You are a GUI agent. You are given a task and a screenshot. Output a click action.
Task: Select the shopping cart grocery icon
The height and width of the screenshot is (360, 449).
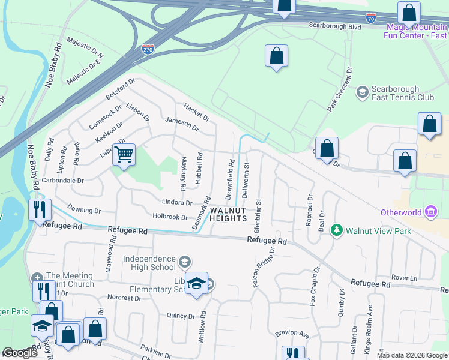tap(124, 155)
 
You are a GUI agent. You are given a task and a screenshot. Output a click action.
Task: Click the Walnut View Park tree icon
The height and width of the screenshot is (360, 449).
tap(337, 230)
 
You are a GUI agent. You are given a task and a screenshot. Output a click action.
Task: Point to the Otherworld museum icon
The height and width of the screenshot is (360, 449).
tap(430, 212)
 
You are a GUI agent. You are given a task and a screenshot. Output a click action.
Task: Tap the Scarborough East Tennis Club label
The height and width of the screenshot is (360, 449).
tap(403, 92)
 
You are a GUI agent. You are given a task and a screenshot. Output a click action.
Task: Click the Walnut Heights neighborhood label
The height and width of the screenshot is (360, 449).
tap(229, 214)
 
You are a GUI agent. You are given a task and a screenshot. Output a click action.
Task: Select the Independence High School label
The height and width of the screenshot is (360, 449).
tap(149, 262)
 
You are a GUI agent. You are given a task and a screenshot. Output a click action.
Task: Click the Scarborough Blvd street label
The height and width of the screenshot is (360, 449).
tap(334, 26)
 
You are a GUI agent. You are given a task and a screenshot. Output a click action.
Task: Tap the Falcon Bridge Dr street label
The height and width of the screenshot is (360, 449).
tap(263, 268)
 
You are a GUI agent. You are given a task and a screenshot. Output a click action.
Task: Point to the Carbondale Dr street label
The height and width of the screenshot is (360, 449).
tap(62, 180)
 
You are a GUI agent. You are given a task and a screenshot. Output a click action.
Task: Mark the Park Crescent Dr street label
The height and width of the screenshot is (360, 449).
tap(337, 97)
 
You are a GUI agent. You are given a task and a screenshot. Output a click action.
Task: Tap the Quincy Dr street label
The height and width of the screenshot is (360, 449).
tap(181, 316)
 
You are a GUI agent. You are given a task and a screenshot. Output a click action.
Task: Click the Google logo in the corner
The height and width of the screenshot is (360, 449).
tap(20, 353)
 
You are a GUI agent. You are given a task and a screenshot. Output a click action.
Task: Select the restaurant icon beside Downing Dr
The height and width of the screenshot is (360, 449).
tap(40, 209)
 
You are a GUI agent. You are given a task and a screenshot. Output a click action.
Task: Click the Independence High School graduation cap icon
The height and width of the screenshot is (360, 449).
tap(184, 262)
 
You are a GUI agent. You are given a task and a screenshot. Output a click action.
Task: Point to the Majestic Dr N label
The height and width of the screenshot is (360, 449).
tap(85, 47)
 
